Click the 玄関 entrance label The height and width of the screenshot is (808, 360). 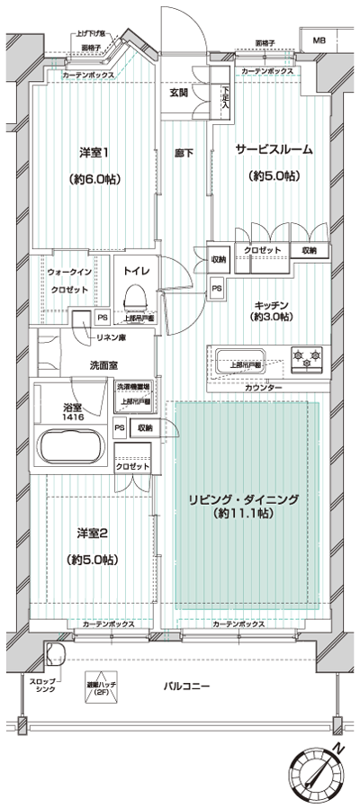pos(178,93)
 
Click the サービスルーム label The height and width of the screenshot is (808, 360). pos(274,150)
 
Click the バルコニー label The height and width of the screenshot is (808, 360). pos(186,687)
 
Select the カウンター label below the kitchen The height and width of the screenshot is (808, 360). pos(263,388)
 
